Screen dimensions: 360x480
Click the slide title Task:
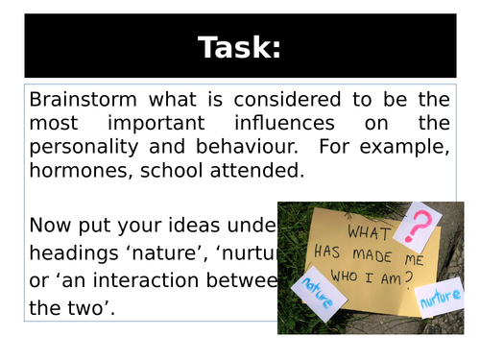(239, 46)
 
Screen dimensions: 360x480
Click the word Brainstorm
(82, 99)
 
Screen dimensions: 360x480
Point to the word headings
(74, 252)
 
